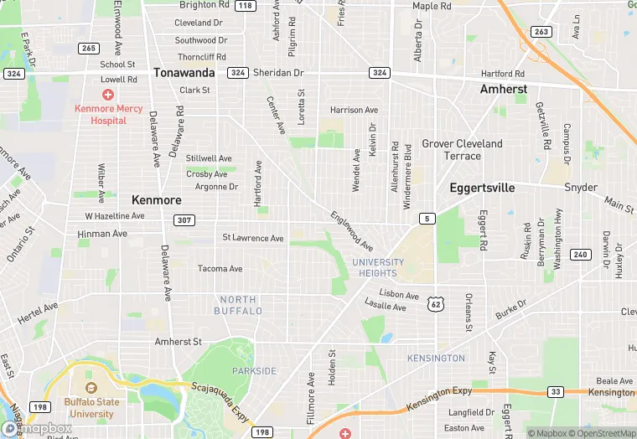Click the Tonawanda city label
coord(184,73)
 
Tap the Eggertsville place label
coord(482,188)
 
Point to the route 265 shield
coord(89,48)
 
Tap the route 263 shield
coord(541,32)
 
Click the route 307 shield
coord(184,219)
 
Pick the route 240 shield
coord(580,254)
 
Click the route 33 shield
coord(555,391)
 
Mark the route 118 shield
coord(245,6)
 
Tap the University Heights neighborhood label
coord(378,267)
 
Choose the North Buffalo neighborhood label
coord(238,305)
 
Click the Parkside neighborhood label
coord(254,370)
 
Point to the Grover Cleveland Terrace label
coord(462,149)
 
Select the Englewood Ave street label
coord(352,230)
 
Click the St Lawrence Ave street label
coord(253,238)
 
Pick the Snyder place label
coord(581,188)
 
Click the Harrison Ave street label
coord(354,110)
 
